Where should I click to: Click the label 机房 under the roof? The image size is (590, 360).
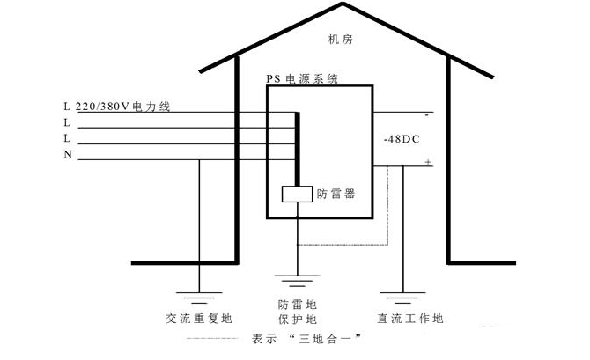[x=339, y=40]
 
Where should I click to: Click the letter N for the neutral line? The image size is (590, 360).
[x=68, y=155]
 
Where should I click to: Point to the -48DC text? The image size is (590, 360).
[x=402, y=140]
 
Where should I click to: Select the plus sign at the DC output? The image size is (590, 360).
[x=429, y=163]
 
